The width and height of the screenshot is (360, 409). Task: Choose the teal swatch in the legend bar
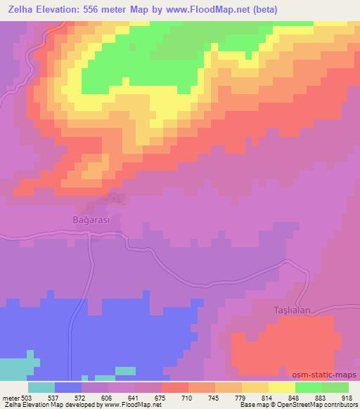(41, 387)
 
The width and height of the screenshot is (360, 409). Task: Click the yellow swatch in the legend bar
(283, 387)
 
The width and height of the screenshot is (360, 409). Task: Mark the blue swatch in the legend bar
(67, 387)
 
